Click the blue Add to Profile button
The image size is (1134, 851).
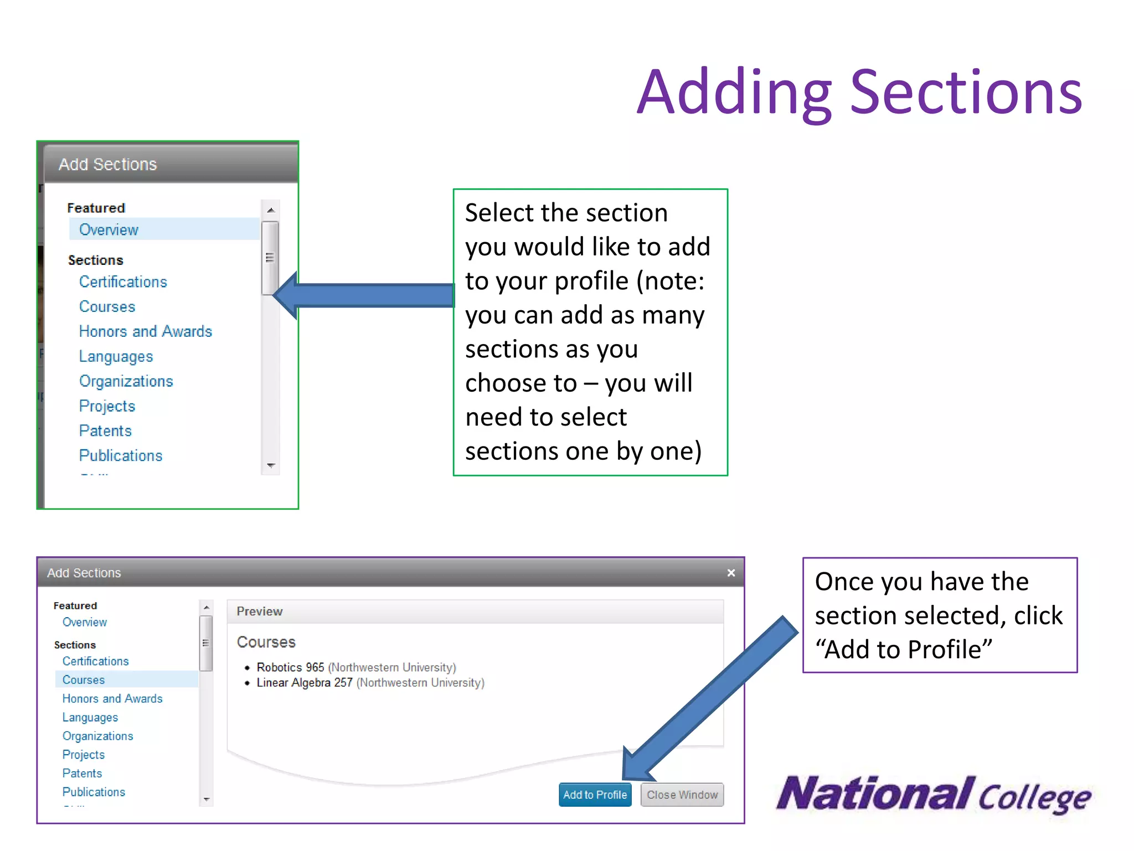coord(595,794)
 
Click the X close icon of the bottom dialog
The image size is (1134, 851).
coord(731,573)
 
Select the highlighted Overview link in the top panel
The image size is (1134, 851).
coord(109,229)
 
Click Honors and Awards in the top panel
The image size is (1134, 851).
coord(145,331)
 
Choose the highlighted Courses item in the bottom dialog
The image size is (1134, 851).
coord(84,680)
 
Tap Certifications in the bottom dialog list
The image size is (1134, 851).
coord(95,661)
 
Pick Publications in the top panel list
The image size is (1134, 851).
coord(121,455)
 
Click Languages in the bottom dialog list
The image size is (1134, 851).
coord(90,717)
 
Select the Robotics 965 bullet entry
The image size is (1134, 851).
coord(290,668)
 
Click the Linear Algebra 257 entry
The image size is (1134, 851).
coord(305,683)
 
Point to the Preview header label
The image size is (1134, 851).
coord(260,611)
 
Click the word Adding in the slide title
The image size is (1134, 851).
coord(734,93)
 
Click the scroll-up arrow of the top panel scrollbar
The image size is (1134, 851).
coord(271,210)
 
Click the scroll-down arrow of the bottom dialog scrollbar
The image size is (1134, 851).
coord(207,799)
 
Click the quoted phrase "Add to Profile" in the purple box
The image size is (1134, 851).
coord(904,649)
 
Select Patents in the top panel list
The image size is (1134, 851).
coord(105,430)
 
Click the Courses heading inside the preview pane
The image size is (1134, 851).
coord(266,642)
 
